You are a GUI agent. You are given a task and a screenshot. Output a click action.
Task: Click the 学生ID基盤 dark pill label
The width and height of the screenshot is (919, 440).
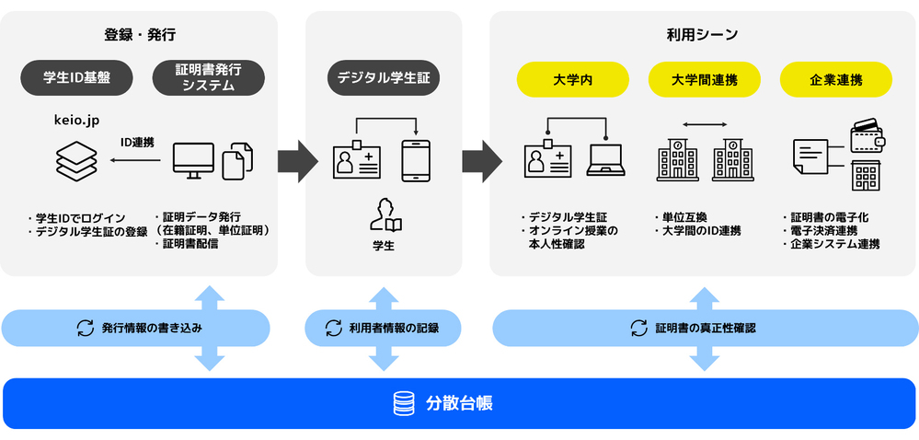(x=76, y=78)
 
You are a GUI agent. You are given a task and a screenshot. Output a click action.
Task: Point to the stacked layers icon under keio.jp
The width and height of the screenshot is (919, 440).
(x=75, y=160)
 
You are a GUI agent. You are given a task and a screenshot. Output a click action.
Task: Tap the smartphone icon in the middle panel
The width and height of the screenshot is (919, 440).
(x=416, y=160)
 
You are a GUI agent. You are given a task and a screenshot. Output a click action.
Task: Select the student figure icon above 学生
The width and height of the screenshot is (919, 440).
(x=385, y=214)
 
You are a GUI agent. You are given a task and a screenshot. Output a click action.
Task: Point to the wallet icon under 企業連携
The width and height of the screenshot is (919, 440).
(x=869, y=136)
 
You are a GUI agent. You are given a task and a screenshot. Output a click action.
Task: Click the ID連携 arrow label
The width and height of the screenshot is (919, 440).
(x=137, y=143)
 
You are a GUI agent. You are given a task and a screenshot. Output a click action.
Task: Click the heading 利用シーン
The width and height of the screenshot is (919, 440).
(x=703, y=35)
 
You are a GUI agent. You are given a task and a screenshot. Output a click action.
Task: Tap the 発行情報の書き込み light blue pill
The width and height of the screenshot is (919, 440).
(x=135, y=328)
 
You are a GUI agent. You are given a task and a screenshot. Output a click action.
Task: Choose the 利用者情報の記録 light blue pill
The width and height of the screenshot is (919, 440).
(x=383, y=328)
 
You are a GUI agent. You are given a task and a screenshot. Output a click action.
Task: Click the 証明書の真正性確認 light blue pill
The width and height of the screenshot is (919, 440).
(x=705, y=328)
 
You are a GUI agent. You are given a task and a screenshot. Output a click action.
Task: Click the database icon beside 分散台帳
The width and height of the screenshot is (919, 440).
(x=403, y=403)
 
